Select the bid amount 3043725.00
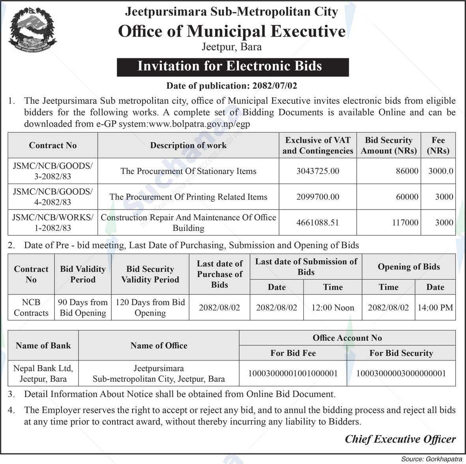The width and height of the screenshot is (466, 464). point(318,171)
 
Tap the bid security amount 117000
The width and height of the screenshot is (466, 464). point(405,223)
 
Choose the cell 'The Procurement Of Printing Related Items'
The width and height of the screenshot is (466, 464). point(188,197)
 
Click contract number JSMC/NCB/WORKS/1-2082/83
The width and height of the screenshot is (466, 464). point(52,223)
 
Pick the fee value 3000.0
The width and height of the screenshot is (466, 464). point(440,171)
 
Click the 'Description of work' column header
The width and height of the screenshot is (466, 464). point(188,145)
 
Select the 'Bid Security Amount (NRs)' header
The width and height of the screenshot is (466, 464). point(388,145)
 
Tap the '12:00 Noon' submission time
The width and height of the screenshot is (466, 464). point(333,308)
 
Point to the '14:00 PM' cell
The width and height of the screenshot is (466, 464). point(435,308)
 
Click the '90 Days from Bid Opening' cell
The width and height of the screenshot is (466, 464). point(83,308)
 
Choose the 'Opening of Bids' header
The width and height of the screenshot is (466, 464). point(408,267)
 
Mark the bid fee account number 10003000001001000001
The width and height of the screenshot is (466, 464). point(293,373)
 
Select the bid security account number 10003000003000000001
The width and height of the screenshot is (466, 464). point(401,373)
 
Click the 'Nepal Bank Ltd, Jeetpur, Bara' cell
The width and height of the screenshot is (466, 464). point(43,373)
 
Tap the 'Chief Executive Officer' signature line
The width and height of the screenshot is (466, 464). point(400,439)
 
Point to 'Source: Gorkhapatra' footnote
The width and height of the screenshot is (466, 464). point(432,459)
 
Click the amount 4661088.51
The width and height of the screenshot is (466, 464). point(318,223)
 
